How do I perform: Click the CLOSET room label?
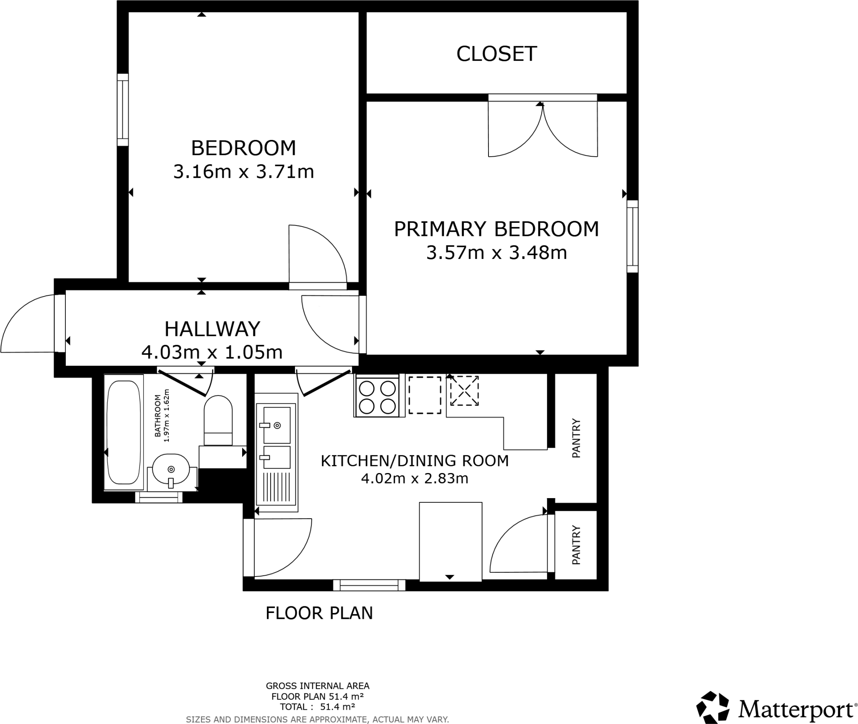click(x=496, y=54)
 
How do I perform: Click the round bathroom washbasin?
click(x=171, y=469)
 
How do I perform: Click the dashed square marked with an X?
click(x=464, y=391)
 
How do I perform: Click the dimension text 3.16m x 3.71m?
click(x=243, y=172)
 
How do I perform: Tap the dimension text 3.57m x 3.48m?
click(x=496, y=253)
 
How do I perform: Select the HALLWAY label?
click(x=212, y=329)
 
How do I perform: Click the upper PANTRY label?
click(x=576, y=438)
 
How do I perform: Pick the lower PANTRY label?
click(x=576, y=545)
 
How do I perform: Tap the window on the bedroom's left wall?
click(x=122, y=110)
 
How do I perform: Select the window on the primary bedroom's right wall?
click(x=632, y=236)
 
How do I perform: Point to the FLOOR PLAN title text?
click(x=319, y=613)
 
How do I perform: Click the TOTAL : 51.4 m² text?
click(x=318, y=707)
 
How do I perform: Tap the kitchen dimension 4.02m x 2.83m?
click(x=414, y=478)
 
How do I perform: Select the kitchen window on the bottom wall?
click(x=369, y=585)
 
